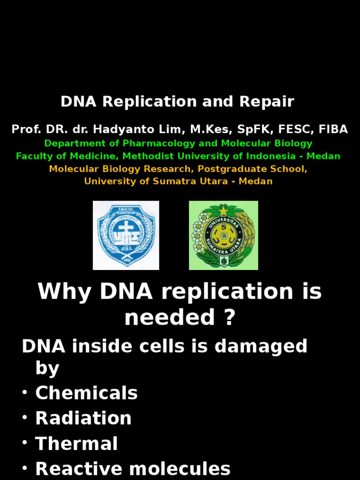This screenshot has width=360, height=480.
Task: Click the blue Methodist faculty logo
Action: click(x=126, y=235)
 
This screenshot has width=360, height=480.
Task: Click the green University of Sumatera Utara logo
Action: click(x=223, y=235)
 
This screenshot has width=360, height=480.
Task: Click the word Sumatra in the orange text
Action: click(x=171, y=181)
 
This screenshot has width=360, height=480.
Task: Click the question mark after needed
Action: click(x=228, y=317)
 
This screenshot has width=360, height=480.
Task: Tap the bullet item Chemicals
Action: click(x=86, y=393)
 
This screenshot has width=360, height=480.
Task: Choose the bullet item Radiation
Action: click(x=83, y=419)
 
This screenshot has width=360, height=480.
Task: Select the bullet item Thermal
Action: click(x=76, y=444)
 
